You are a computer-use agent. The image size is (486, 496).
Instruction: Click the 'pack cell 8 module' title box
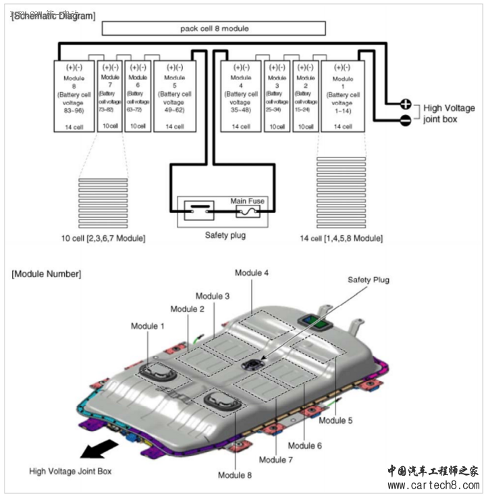pyautogui.click(x=213, y=28)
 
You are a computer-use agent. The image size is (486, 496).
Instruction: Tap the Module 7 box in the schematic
pyautogui.click(x=109, y=95)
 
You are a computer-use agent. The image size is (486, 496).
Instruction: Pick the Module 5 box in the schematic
pyautogui.click(x=175, y=95)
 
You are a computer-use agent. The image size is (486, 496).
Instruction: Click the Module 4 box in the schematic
pyautogui.click(x=240, y=95)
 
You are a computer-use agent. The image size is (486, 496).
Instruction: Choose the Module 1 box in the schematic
pyautogui.click(x=342, y=95)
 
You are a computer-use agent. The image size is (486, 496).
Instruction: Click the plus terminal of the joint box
pyautogui.click(x=406, y=104)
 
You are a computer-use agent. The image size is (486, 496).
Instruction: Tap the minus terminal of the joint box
pyautogui.click(x=406, y=120)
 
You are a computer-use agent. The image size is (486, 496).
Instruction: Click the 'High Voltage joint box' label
pyautogui.click(x=448, y=114)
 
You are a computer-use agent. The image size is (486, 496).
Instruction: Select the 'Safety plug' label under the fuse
pyautogui.click(x=225, y=236)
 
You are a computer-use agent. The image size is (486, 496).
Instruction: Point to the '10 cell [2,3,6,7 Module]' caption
pyautogui.click(x=102, y=239)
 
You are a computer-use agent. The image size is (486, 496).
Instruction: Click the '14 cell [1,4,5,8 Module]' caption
pyautogui.click(x=341, y=239)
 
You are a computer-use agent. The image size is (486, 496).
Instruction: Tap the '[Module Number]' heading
pyautogui.click(x=47, y=274)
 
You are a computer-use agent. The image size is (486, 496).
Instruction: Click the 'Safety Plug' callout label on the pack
pyautogui.click(x=369, y=279)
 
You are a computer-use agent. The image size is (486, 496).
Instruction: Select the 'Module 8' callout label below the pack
pyautogui.click(x=235, y=475)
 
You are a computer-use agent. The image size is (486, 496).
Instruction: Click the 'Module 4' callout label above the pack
pyautogui.click(x=252, y=273)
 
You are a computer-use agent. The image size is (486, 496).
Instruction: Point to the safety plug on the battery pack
pyautogui.click(x=252, y=365)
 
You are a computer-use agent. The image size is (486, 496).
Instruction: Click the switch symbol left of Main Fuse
pyautogui.click(x=199, y=210)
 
